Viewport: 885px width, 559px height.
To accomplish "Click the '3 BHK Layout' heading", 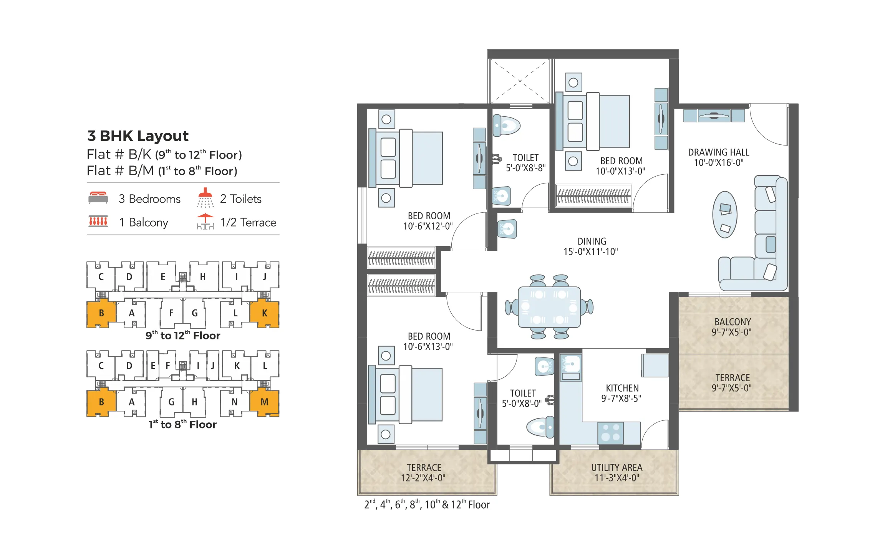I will (138, 136).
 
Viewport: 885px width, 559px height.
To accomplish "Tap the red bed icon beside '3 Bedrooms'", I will (98, 197).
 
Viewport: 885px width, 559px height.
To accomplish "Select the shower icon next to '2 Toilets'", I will (205, 197).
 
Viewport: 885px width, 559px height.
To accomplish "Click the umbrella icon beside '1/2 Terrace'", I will (205, 222).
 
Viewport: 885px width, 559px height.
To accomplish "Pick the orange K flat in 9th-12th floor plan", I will (264, 313).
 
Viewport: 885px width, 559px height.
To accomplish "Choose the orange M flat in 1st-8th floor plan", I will (264, 402).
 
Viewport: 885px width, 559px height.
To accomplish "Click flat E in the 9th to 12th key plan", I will (163, 277).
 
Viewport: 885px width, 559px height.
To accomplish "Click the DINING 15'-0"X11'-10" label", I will (591, 246).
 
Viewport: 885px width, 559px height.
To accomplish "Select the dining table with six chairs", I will (549, 307).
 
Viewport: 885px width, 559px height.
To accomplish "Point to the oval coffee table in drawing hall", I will (724, 215).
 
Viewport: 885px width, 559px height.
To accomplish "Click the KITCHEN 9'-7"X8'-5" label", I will (621, 393).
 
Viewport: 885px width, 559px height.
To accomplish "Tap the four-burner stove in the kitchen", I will (610, 432).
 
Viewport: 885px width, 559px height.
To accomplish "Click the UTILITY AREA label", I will (617, 473).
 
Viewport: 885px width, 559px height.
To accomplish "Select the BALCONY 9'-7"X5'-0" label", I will (732, 327).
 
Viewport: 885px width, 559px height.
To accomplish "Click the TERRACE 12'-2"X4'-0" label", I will (423, 473).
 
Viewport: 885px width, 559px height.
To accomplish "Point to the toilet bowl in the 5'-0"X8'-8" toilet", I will (507, 126).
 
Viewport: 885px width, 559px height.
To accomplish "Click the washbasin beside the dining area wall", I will (507, 229).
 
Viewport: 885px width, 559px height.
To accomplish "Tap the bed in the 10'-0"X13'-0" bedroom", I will (599, 121).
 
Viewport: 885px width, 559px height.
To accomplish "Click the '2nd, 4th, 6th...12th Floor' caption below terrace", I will (427, 504).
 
